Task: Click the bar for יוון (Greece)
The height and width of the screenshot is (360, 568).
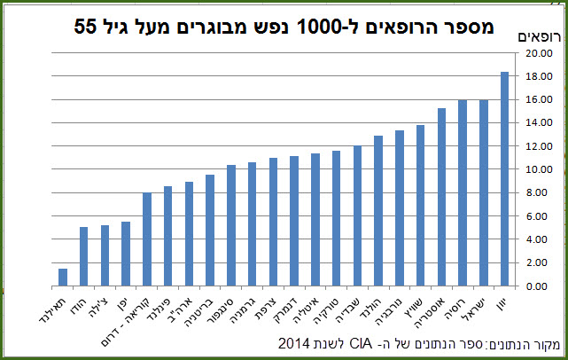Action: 504,179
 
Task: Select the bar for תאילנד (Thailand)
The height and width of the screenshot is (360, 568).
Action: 63,278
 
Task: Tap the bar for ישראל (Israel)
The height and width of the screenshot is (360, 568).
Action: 483,193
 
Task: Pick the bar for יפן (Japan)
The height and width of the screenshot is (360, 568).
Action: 126,254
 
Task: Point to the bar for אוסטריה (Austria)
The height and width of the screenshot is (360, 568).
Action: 441,197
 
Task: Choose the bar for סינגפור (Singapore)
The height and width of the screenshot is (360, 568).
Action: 231,225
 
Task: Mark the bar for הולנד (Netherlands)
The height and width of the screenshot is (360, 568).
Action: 378,211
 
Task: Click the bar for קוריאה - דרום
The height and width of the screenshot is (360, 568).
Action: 147,239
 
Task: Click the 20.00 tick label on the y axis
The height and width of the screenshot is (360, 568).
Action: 539,53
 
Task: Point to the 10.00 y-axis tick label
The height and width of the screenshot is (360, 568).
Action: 539,169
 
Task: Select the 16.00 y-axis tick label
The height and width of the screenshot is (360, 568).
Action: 539,99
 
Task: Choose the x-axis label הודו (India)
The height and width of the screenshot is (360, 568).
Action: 79,305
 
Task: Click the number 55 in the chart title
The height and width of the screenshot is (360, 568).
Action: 86,27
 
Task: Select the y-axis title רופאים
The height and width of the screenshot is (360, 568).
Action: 539,36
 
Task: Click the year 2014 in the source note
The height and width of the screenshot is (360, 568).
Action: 294,343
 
